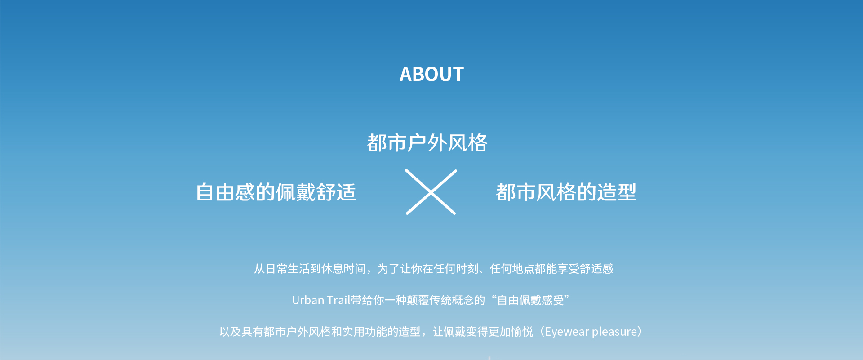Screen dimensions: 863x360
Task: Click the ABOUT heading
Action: [x=431, y=74]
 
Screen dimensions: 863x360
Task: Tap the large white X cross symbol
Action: [x=431, y=192]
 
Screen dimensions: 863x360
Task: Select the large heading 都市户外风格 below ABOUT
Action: [x=427, y=143]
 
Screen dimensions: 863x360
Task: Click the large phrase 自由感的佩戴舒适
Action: [x=276, y=192]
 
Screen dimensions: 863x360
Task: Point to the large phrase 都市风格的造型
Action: [x=566, y=192]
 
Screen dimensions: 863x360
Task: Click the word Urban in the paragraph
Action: [x=308, y=300]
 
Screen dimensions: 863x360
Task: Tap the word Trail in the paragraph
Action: [x=338, y=300]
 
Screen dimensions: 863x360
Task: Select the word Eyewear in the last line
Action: [x=567, y=332]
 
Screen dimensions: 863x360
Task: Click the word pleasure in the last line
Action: [x=614, y=332]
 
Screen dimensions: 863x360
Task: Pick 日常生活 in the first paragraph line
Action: [x=288, y=269]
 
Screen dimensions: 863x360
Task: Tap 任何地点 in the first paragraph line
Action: [x=512, y=269]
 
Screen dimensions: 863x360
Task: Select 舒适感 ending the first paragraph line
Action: [x=596, y=269]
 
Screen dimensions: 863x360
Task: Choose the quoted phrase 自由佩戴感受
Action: [x=530, y=300]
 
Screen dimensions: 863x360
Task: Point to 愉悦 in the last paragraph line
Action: [x=522, y=332]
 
